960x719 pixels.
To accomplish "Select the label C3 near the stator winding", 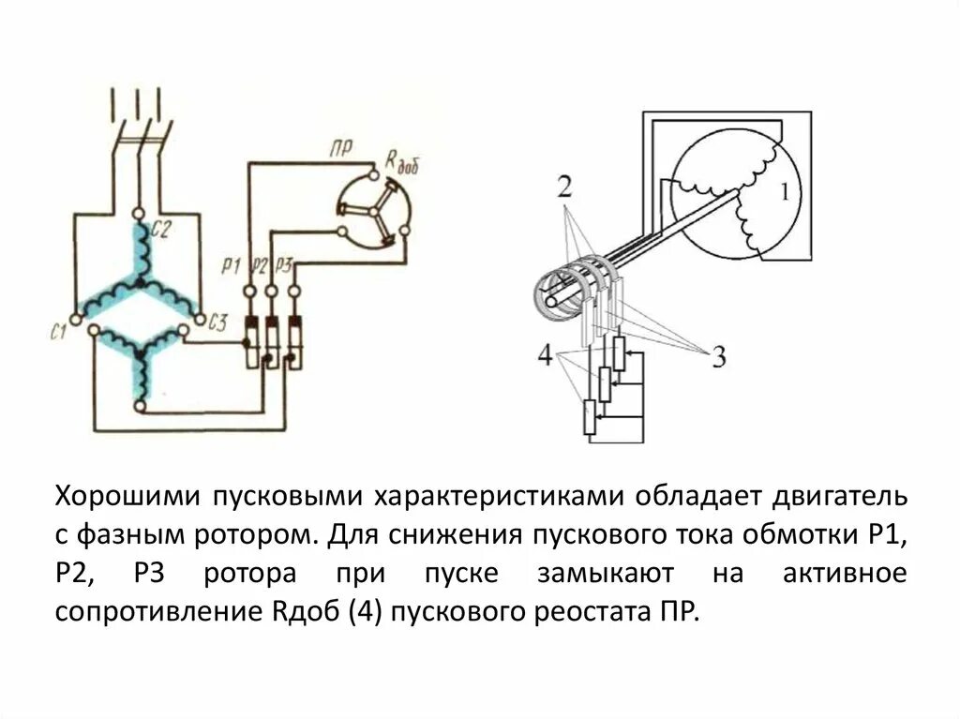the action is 217,324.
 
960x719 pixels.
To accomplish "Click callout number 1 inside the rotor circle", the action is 782,192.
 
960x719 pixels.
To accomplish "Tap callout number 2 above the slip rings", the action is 563,186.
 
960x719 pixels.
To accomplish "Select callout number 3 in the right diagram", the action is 717,357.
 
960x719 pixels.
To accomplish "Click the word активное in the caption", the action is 846,574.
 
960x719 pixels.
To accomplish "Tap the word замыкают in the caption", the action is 619,574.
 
